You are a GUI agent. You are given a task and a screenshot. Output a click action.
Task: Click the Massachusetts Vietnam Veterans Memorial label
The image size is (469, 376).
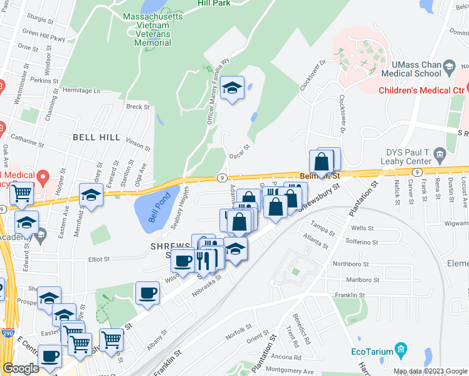[153, 29]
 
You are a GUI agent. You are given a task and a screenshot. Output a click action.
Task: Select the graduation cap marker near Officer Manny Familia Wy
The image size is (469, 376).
[232, 90]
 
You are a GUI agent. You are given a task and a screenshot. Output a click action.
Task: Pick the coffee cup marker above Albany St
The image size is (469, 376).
[148, 293]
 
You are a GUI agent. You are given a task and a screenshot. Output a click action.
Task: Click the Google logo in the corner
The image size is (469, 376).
[21, 368]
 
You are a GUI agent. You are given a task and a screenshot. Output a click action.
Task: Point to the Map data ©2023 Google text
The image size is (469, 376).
[429, 372]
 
